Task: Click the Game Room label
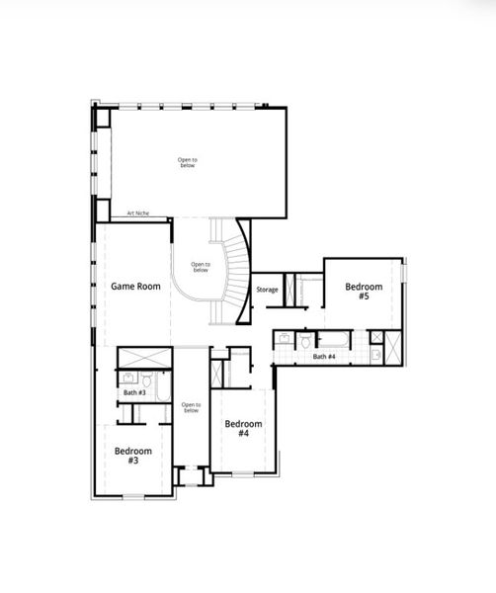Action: point(135,287)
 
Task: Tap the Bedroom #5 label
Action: point(357,292)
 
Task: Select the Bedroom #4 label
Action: point(242,429)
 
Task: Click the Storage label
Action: point(267,290)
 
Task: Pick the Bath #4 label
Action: point(325,356)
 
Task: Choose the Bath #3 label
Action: point(134,392)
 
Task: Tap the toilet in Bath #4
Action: point(305,342)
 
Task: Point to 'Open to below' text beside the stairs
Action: point(200,267)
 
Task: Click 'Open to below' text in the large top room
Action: point(188,163)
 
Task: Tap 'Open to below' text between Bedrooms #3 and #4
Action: point(191,407)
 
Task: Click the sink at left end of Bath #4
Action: point(283,339)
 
